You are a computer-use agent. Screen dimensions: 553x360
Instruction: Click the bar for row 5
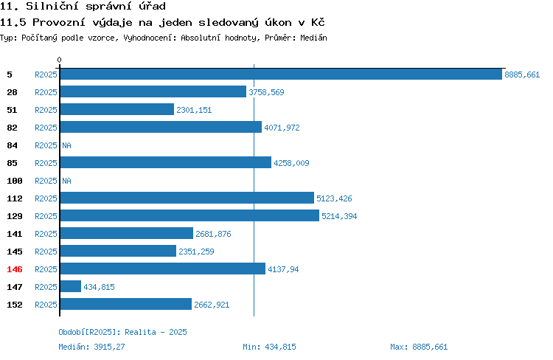point(281,74)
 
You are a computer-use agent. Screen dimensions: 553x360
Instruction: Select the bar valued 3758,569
point(153,91)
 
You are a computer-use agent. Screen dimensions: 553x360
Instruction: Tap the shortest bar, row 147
point(71,286)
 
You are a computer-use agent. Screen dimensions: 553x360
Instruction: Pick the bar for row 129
point(189,215)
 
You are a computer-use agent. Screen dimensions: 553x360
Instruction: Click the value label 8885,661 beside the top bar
point(522,75)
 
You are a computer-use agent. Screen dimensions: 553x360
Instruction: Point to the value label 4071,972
point(282,128)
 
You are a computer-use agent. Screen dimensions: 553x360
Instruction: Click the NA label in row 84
point(66,145)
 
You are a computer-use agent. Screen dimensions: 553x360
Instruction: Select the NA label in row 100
point(66,181)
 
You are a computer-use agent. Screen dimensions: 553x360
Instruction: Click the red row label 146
point(15,269)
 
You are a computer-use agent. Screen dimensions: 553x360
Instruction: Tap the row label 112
point(15,198)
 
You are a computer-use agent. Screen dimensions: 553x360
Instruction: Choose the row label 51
point(12,110)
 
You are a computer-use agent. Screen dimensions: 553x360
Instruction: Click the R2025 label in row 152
point(46,305)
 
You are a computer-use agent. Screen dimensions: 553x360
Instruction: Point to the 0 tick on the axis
point(59,60)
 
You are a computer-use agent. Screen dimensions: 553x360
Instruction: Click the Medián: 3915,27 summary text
point(91,347)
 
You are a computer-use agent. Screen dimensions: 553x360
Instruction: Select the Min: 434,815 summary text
point(269,347)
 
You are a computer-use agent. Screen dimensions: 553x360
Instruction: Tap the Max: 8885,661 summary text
point(419,347)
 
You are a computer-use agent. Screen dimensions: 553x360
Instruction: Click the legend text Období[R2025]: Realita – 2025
point(122,332)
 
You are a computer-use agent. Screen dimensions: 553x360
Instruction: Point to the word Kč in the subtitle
point(318,22)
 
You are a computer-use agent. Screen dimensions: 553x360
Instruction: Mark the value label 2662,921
point(212,305)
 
